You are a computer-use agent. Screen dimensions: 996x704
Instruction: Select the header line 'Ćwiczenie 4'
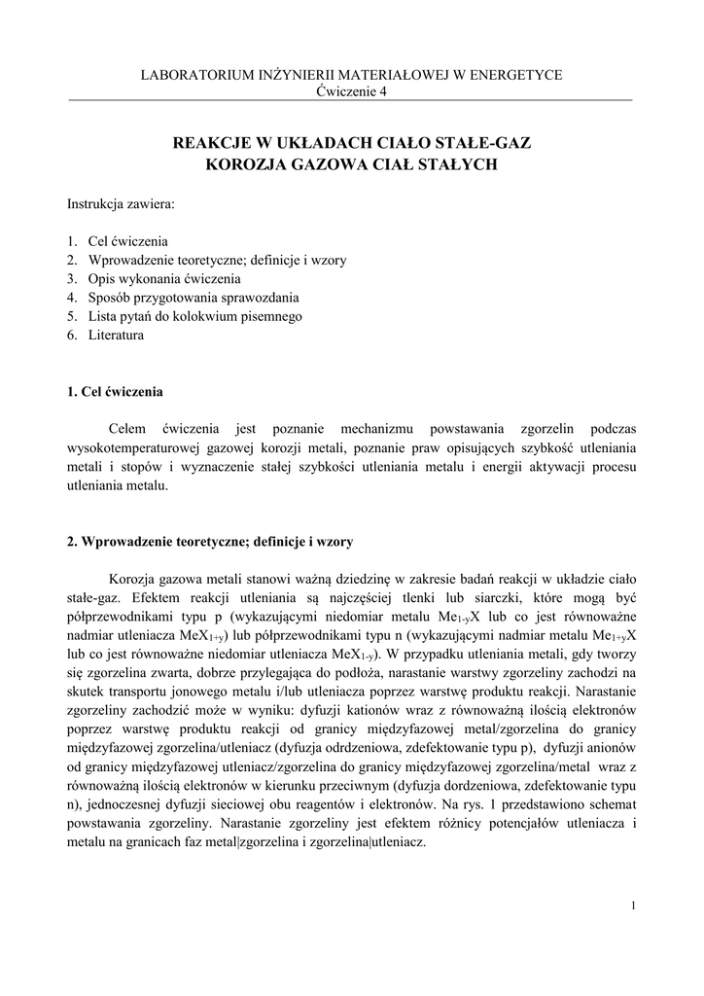pos(352,91)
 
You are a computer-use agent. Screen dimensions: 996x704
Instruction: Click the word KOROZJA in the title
pos(246,165)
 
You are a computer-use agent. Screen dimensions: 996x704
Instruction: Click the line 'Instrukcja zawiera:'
pos(122,205)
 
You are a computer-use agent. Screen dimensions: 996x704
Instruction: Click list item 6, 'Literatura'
pos(116,336)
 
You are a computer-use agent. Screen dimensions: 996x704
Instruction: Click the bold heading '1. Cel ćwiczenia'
pos(115,393)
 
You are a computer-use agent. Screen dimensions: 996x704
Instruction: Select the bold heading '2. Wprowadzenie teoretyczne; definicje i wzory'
pos(217,541)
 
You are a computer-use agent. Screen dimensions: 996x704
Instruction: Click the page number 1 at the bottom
pos(633,906)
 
